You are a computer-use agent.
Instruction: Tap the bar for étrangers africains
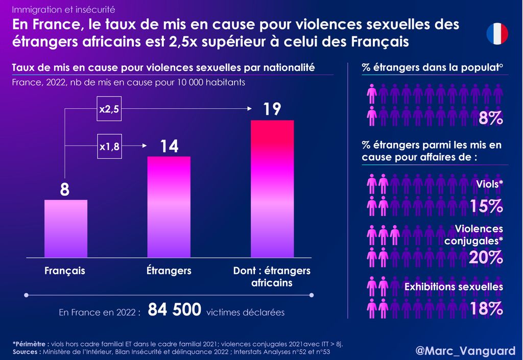tap(272, 189)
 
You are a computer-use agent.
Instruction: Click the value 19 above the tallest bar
tap(272, 109)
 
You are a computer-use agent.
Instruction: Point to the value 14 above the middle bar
tap(169, 147)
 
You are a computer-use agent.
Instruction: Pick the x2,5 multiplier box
tap(109, 109)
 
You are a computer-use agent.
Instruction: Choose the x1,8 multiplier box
tap(109, 147)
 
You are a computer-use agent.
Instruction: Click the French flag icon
tap(497, 34)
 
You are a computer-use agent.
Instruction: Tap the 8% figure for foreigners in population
tap(491, 118)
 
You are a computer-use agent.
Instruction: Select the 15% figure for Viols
tap(486, 206)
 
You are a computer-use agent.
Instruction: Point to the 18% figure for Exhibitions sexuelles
tap(486, 309)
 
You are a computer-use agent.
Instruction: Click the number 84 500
tap(174, 310)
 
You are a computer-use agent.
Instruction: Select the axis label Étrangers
tap(169, 271)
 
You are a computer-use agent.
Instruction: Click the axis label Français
tap(65, 271)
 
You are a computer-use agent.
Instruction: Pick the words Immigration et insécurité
tap(63, 9)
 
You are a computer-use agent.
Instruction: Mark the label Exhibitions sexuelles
tap(454, 287)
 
